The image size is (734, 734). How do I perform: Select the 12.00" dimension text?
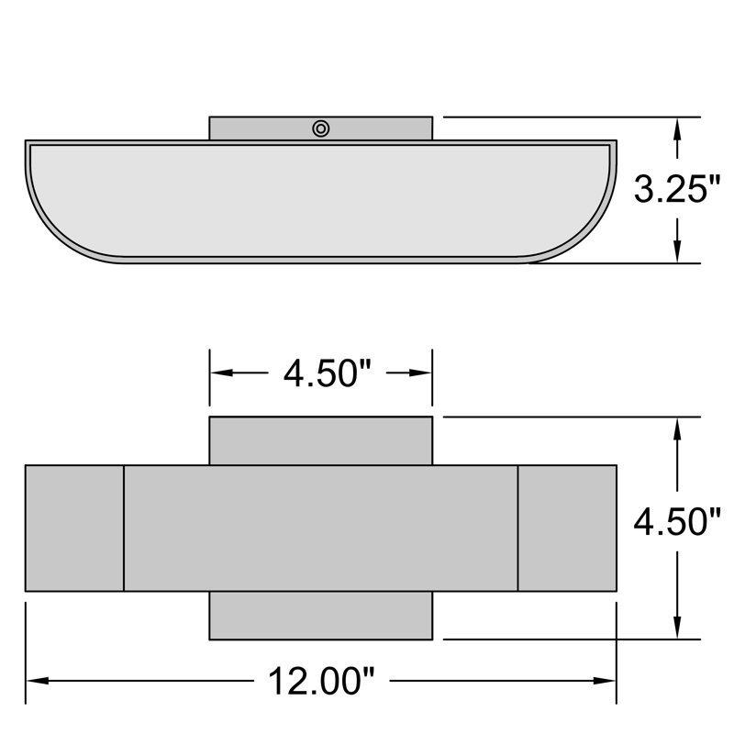click(x=321, y=682)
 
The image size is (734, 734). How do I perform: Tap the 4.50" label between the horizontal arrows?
click(x=321, y=373)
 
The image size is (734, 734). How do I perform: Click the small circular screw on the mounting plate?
click(x=320, y=128)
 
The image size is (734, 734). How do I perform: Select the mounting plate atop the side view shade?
click(x=266, y=128)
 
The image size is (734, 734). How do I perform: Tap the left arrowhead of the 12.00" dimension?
click(x=35, y=681)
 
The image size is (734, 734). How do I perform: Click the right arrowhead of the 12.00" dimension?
click(x=606, y=681)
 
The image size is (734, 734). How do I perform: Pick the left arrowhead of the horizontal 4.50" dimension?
click(x=220, y=373)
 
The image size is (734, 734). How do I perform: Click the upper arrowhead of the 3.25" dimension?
click(x=677, y=127)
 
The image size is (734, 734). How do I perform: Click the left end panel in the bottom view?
click(x=74, y=528)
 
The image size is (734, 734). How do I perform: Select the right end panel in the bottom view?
click(x=567, y=528)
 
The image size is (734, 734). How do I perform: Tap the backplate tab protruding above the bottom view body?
click(x=320, y=440)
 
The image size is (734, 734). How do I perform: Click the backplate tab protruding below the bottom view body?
click(x=320, y=616)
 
